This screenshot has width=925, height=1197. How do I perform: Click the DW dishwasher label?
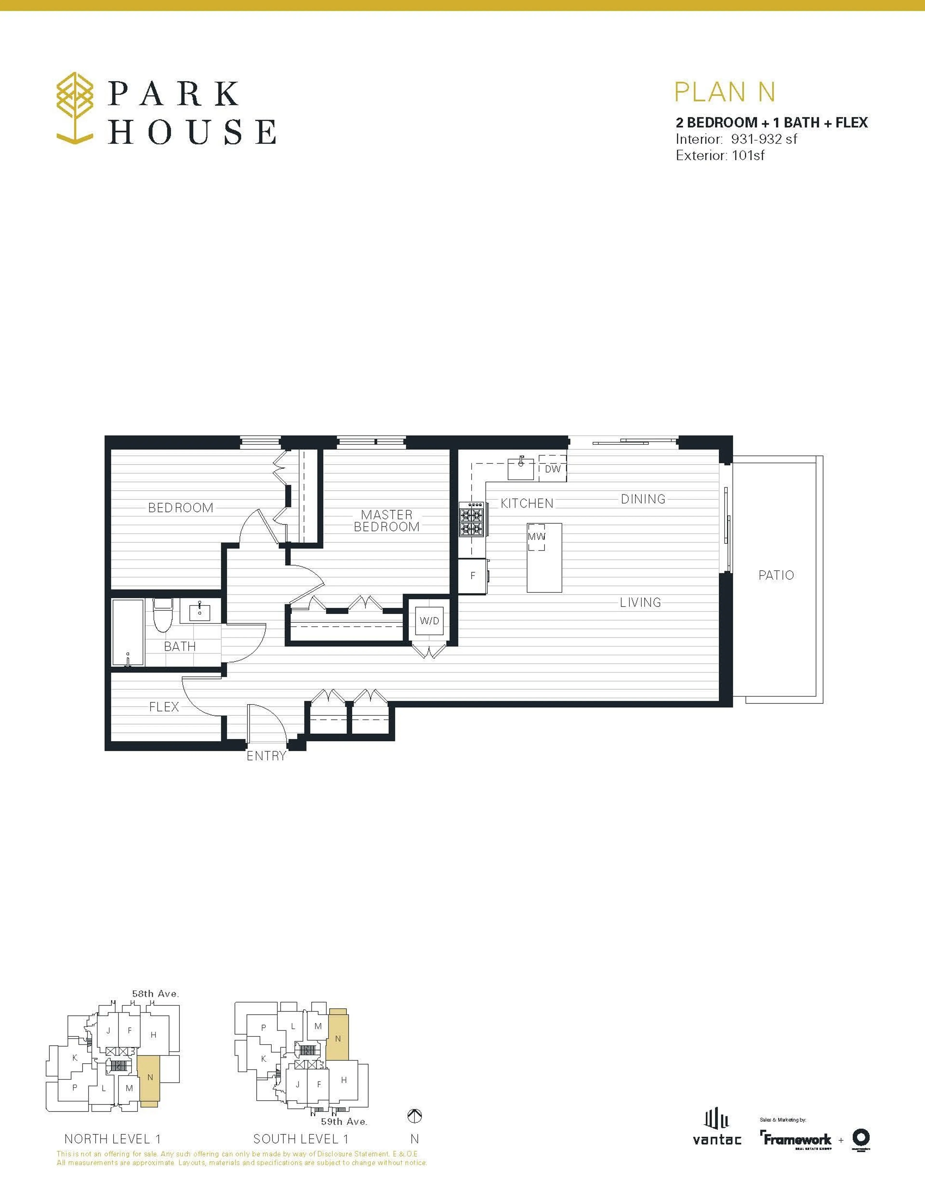(552, 469)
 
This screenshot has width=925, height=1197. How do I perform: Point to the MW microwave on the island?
(536, 536)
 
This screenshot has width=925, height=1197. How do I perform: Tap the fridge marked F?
(472, 575)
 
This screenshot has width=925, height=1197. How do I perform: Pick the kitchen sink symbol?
(521, 469)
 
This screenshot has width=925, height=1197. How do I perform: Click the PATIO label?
(776, 575)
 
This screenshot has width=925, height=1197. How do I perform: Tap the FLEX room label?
(164, 707)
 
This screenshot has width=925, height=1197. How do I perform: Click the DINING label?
(643, 499)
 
